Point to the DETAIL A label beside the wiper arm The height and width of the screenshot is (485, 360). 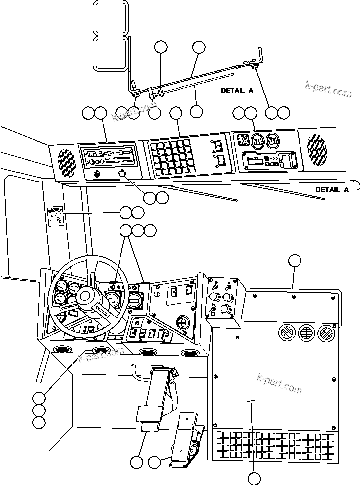click(x=237, y=91)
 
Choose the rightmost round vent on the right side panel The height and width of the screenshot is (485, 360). click(x=325, y=333)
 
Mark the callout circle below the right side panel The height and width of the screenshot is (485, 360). click(x=254, y=478)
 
